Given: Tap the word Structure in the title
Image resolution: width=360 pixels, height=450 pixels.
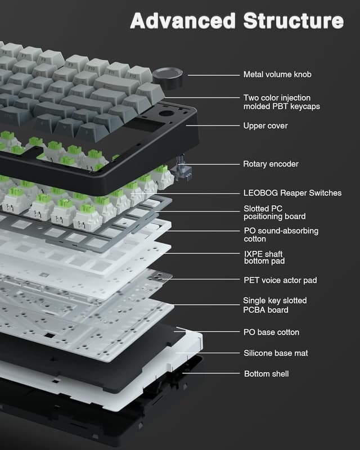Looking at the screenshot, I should point(292,20).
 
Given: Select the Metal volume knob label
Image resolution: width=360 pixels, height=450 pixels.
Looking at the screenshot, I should point(277,74).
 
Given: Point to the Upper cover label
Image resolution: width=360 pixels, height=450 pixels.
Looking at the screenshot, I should point(265,125).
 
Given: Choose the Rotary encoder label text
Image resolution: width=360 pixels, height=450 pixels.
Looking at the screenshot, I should point(271,164).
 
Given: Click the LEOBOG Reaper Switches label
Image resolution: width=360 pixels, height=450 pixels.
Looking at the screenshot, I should point(292,193).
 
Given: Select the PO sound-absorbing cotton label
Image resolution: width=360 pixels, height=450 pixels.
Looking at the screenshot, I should point(281,235).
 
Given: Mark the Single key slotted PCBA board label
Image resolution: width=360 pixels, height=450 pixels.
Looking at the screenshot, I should point(274,305).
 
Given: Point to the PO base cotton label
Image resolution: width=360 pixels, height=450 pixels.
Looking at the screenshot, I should point(271,332).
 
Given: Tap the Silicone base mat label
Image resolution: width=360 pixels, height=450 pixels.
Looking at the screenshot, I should point(275,353).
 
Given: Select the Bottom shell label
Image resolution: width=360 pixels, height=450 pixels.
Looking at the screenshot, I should point(267,373).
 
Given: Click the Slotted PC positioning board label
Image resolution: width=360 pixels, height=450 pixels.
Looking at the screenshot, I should point(274,213).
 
